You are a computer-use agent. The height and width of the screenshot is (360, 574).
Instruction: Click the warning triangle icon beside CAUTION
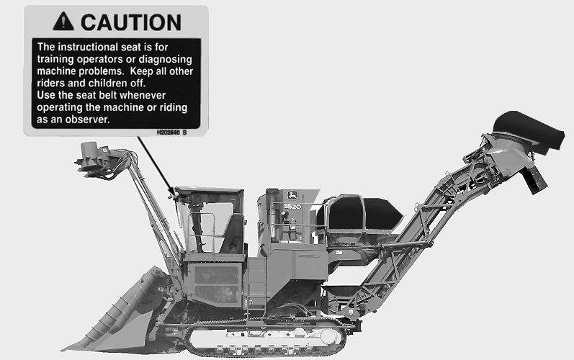[x=63, y=21]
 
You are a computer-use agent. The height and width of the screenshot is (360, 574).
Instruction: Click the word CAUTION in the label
[x=130, y=22]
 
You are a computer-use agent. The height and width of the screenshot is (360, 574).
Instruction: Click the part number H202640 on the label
[x=169, y=132]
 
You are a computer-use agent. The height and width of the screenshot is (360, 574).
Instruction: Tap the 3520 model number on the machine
[x=292, y=207]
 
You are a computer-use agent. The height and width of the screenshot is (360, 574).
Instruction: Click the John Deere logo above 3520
[x=292, y=195]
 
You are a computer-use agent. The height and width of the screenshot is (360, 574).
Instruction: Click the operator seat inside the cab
[x=233, y=234]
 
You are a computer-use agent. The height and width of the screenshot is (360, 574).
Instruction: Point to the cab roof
[x=210, y=190]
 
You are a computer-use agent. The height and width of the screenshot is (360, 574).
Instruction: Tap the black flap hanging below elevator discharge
[x=537, y=180]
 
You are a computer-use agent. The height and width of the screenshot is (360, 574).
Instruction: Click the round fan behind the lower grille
[x=225, y=294]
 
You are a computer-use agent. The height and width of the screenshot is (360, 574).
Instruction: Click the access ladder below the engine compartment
[x=256, y=289]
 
